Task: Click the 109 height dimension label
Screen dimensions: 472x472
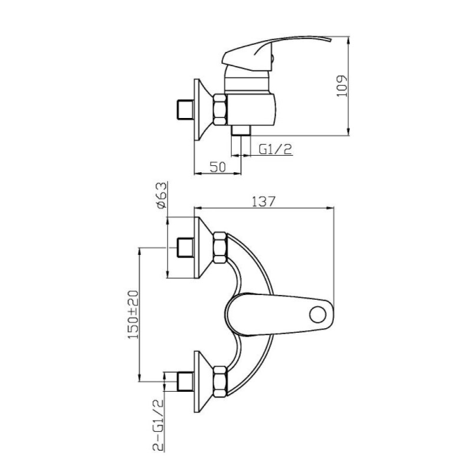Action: point(342,86)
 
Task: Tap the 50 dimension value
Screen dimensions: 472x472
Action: point(218,167)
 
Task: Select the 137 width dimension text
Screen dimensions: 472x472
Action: point(263,201)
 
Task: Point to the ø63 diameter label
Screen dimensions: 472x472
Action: point(161,195)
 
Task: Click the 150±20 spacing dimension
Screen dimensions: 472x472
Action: point(133,314)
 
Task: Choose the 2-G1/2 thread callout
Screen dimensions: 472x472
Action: point(158,425)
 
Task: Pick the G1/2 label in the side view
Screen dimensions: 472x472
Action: point(276,149)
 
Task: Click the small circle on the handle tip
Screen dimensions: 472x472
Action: point(317,314)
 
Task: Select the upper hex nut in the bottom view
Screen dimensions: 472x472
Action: point(219,248)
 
